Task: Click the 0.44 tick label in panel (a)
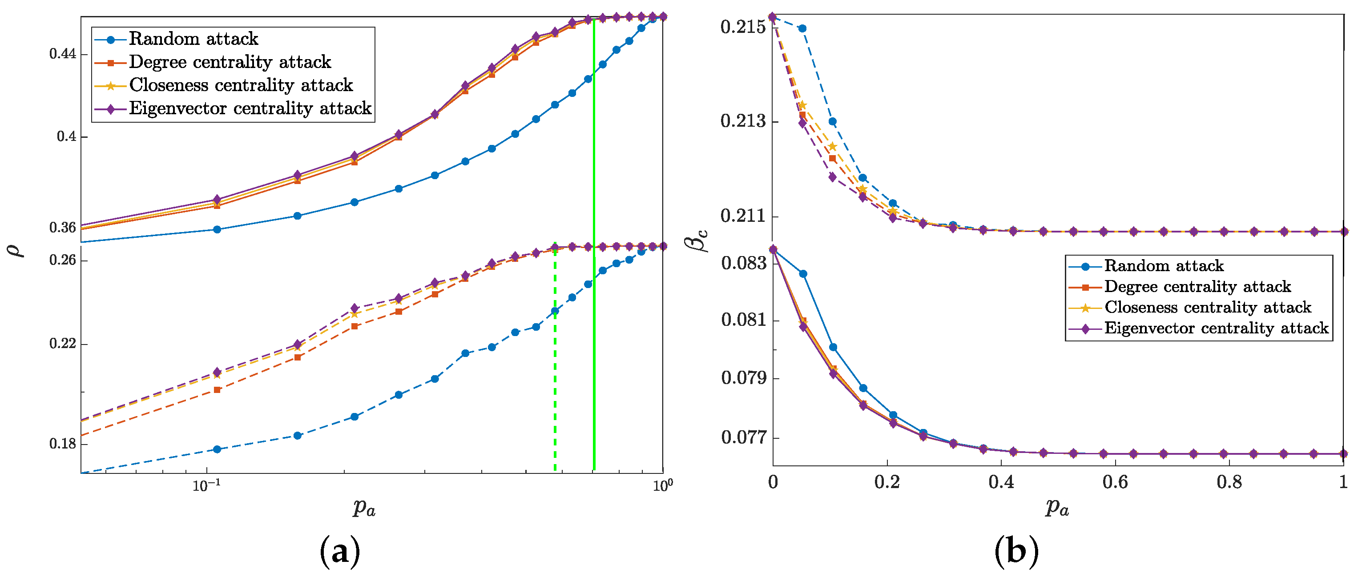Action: (62, 54)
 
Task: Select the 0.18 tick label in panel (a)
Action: (62, 444)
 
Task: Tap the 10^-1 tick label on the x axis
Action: (206, 485)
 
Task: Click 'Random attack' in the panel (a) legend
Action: (193, 39)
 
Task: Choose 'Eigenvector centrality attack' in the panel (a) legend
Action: (250, 108)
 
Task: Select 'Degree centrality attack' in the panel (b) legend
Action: (1197, 287)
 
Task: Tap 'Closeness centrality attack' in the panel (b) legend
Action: (1207, 307)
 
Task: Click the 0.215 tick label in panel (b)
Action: (743, 27)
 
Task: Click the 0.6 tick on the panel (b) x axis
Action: (1115, 481)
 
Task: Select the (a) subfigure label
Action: (340, 552)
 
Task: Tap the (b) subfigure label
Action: (1016, 552)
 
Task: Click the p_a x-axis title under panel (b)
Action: (1057, 508)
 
